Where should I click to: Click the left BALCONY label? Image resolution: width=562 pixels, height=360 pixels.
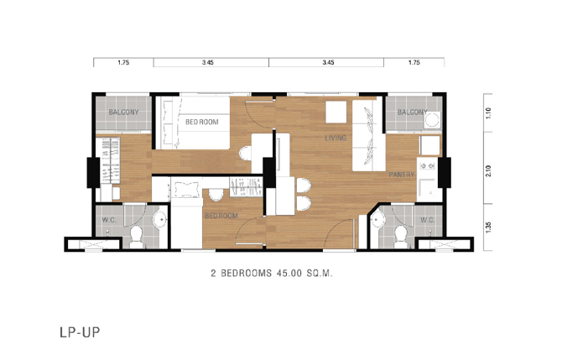[x=123, y=112]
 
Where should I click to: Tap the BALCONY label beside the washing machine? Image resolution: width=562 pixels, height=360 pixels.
[x=412, y=112]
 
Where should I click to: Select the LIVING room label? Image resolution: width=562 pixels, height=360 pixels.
[x=336, y=138]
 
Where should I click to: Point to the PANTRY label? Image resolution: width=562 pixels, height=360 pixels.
[x=402, y=175]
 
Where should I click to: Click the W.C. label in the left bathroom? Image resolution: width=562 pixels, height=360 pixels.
[x=109, y=220]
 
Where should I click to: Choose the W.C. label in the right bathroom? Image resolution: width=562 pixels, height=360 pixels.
[x=428, y=220]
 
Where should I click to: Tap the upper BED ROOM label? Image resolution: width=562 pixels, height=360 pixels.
[x=202, y=123]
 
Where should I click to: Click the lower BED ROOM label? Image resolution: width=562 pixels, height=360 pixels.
[x=221, y=216]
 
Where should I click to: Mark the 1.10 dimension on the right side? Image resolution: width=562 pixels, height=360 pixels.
[x=488, y=113]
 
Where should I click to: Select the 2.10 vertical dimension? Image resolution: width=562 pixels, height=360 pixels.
[x=488, y=171]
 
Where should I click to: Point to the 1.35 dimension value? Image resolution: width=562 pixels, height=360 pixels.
[x=488, y=227]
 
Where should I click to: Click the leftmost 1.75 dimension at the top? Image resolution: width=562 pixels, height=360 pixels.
[x=123, y=62]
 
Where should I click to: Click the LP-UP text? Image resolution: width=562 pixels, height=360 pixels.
[x=80, y=332]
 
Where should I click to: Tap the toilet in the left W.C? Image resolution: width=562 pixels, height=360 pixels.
[x=136, y=237]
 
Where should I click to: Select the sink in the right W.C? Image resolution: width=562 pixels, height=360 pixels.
[x=378, y=220]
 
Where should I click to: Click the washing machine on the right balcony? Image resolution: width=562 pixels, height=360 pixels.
[x=432, y=120]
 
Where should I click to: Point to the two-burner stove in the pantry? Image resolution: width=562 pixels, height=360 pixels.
[x=427, y=165]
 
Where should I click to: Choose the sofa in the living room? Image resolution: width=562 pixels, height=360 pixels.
[x=368, y=136]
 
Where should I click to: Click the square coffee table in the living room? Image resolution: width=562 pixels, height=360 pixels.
[x=336, y=112]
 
